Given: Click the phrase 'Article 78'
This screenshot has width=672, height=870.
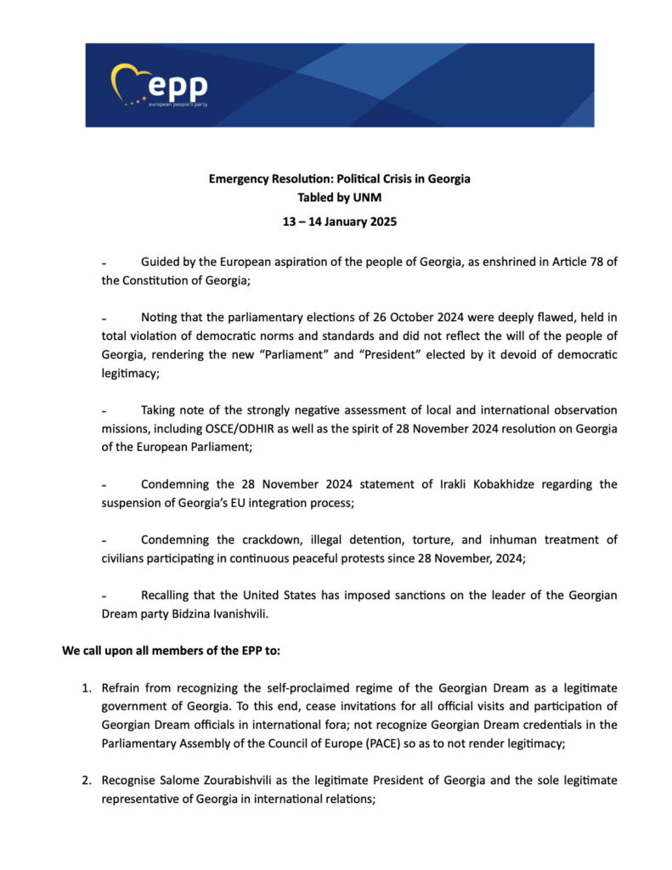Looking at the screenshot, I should point(578,263).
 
